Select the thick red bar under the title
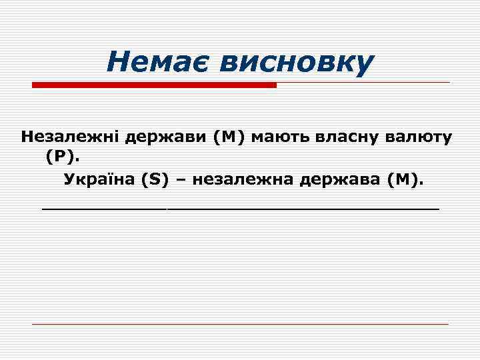coord(154,85)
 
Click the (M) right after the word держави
coord(229,137)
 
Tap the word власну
coord(345,137)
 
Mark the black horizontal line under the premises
coord(240,209)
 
